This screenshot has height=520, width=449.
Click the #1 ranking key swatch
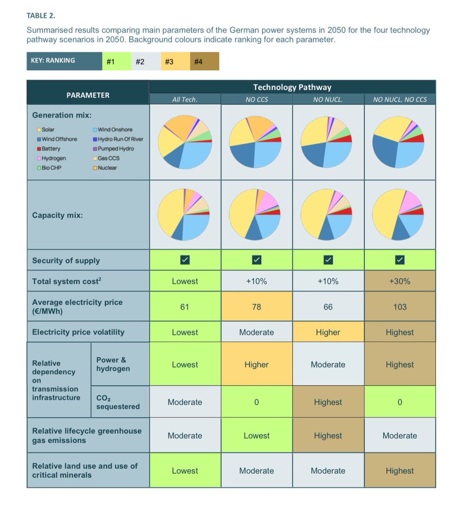click(110, 62)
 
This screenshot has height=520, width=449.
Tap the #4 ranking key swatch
click(198, 62)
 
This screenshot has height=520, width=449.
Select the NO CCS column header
click(256, 100)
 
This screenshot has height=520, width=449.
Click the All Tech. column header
click(185, 100)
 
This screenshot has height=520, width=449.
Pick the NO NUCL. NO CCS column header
click(400, 100)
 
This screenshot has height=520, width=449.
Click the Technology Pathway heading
click(292, 87)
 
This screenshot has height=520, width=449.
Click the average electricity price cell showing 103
click(400, 307)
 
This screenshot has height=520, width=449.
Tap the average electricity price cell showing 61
click(185, 307)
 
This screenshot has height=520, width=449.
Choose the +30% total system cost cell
click(400, 281)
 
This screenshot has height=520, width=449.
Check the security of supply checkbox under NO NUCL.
click(328, 260)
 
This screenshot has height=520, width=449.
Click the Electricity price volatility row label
click(78, 332)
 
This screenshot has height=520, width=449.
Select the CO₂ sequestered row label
click(118, 402)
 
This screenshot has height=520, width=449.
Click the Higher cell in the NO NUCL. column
click(328, 332)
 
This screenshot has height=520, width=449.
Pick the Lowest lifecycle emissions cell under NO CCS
click(256, 435)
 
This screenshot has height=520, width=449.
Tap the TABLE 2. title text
click(41, 16)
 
